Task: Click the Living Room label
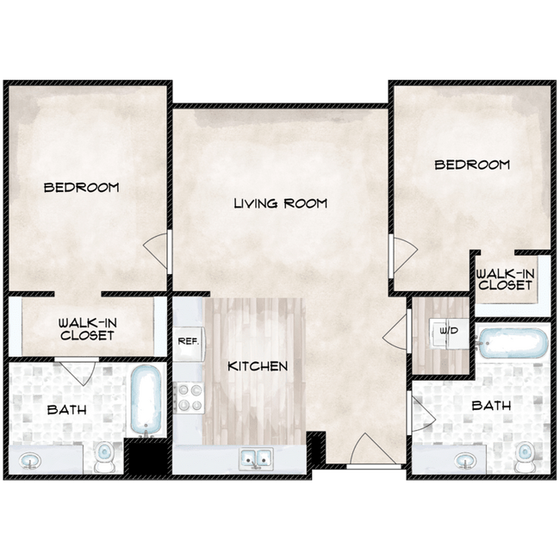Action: (280, 203)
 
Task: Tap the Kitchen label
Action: (258, 366)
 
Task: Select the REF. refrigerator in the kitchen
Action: (188, 342)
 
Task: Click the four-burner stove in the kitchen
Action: (188, 397)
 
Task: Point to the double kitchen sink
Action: (256, 458)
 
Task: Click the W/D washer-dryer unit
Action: (449, 334)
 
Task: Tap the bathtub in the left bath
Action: (146, 401)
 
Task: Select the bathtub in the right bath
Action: (513, 344)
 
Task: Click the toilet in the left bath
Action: (104, 457)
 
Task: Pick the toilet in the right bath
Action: (525, 457)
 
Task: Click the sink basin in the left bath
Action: (29, 460)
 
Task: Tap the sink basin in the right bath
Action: (465, 460)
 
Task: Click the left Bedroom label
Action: (82, 188)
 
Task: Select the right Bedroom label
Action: (472, 165)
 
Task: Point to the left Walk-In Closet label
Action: (88, 329)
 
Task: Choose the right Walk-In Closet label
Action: (506, 279)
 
